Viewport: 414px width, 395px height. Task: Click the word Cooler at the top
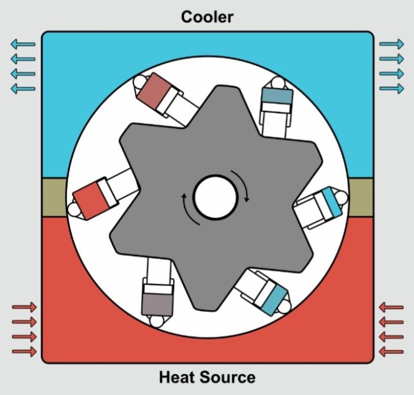(x=207, y=17)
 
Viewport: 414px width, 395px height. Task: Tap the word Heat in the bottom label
(x=176, y=377)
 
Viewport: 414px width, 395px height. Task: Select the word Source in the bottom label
(x=227, y=377)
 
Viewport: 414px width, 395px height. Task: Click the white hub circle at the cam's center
(x=215, y=197)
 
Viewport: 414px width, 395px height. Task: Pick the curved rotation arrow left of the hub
(x=187, y=210)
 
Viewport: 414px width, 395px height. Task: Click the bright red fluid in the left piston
(x=90, y=201)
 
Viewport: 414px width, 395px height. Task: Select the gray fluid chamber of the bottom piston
(x=157, y=304)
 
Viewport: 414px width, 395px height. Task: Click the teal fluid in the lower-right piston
(x=274, y=300)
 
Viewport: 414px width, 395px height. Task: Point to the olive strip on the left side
(x=54, y=198)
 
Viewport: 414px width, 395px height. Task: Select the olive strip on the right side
(x=361, y=198)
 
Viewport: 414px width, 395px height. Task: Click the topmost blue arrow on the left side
(x=23, y=44)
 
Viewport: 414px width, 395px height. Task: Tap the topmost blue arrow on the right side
(x=392, y=44)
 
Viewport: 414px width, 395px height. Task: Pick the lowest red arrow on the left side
(x=24, y=351)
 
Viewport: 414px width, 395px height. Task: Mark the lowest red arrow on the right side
(x=392, y=352)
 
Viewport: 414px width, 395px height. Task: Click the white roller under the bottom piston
(x=157, y=321)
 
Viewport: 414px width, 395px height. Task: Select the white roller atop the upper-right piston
(x=279, y=82)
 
